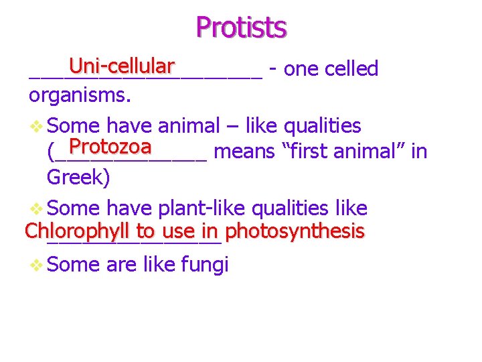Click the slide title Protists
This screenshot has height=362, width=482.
point(241,27)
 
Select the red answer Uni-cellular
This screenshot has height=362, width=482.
point(121,66)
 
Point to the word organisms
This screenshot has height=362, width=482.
point(79,95)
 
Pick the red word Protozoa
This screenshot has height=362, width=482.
point(110,146)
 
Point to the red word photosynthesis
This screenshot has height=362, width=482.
point(295,232)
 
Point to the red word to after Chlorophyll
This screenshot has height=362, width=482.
point(145,232)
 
